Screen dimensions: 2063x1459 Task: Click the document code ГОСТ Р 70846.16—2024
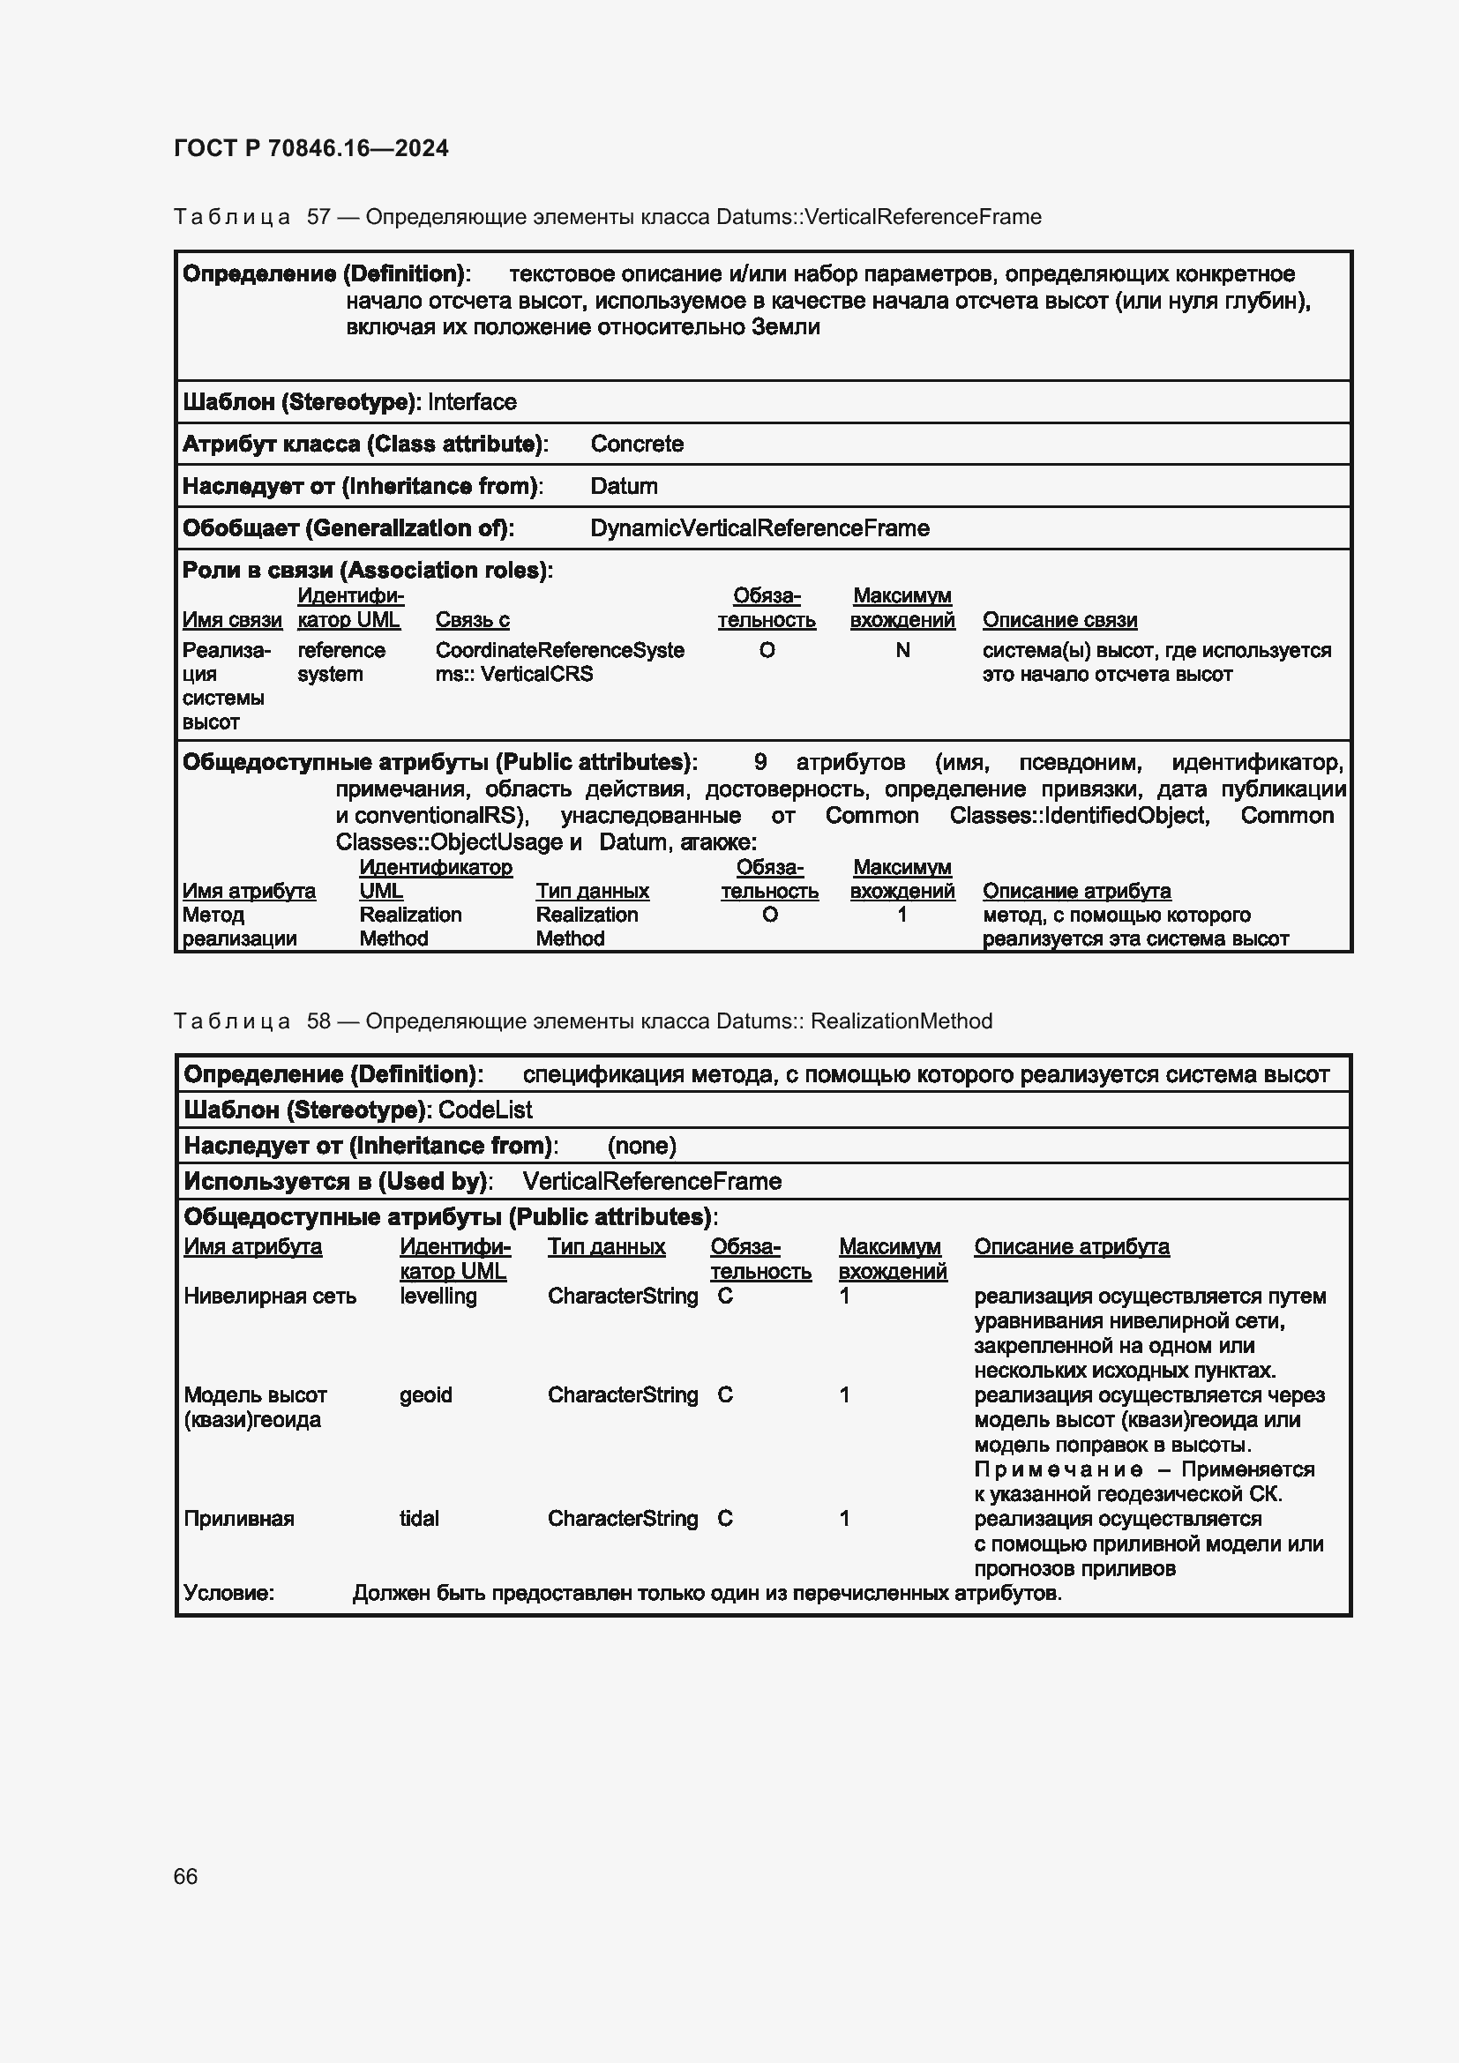[311, 148]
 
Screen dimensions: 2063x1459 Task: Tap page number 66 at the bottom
[185, 1876]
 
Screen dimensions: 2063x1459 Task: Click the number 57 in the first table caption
[319, 217]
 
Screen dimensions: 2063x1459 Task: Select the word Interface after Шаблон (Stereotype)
[472, 401]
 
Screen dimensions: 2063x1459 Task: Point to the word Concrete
[636, 444]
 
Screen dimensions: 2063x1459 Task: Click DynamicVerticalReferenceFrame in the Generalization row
[759, 528]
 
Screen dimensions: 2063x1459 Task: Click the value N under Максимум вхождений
[902, 650]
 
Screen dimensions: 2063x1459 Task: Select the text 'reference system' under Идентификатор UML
[340, 662]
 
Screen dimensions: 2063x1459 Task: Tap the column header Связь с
[472, 620]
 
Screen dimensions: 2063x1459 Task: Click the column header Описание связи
[1059, 620]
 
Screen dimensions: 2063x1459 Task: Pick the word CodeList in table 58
[485, 1110]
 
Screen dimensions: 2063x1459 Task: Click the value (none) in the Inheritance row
[641, 1146]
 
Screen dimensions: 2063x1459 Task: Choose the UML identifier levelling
[438, 1296]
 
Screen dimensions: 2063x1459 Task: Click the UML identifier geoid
[425, 1394]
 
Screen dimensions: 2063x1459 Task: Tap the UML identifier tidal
[419, 1519]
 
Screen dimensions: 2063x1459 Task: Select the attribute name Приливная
[238, 1519]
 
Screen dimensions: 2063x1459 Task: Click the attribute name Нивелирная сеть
[270, 1296]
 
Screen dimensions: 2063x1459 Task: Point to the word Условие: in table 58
[228, 1593]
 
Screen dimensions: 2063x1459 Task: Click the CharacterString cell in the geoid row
[622, 1394]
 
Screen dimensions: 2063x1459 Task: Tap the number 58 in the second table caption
[319, 1021]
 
